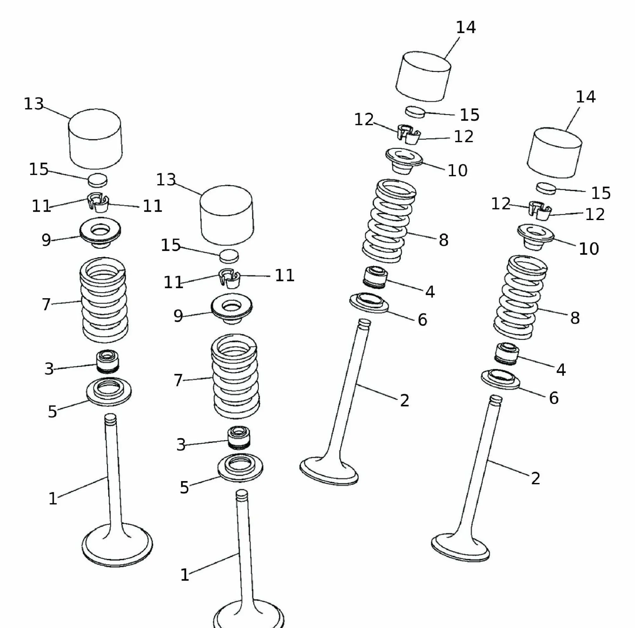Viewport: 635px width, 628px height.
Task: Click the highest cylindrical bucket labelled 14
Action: (x=423, y=76)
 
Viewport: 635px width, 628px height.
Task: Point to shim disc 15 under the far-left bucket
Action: (x=97, y=179)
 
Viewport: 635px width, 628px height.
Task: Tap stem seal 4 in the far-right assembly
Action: (x=506, y=353)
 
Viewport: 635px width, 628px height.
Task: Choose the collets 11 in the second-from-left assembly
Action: (x=230, y=278)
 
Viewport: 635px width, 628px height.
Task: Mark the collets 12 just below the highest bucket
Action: (x=408, y=134)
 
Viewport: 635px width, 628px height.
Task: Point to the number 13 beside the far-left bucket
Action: (x=34, y=104)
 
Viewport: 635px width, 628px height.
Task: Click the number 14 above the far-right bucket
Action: (x=585, y=97)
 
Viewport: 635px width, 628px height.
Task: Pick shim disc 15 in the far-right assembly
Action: (x=546, y=188)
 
